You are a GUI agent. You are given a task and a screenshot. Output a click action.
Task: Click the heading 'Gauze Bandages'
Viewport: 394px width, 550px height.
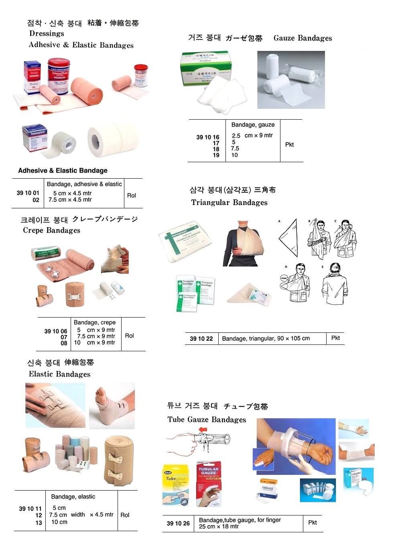click(303, 38)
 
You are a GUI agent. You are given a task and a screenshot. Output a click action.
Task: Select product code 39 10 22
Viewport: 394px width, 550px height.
click(201, 338)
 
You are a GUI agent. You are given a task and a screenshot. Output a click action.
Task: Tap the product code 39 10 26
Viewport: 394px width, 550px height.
click(178, 523)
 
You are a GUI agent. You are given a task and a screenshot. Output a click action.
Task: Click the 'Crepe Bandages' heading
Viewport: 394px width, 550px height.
click(51, 230)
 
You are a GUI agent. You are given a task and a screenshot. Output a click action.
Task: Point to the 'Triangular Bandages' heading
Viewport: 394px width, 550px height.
click(229, 202)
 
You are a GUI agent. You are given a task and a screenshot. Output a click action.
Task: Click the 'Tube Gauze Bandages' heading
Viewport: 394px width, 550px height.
click(207, 420)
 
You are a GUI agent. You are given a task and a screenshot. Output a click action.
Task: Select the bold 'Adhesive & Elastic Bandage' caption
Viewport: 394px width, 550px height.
click(63, 171)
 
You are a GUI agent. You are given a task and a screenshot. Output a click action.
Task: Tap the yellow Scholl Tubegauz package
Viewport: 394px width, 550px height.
click(176, 485)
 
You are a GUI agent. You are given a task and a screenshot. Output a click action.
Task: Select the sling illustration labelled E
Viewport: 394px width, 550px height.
click(334, 284)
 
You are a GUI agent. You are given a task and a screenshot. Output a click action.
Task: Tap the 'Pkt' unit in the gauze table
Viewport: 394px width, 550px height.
click(289, 145)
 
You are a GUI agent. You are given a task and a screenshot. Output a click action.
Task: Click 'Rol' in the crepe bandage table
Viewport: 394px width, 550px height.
click(129, 336)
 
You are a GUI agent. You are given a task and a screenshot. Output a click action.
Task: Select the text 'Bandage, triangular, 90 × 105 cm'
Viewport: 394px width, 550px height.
click(266, 338)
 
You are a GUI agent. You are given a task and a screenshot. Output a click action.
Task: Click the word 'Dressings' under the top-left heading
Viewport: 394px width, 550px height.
click(47, 34)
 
